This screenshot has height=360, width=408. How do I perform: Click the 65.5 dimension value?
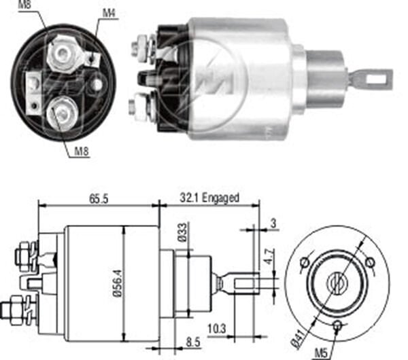coord(99,198)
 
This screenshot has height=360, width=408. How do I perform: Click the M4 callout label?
coord(108,13)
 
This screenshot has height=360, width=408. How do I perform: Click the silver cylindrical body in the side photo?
coord(238,78)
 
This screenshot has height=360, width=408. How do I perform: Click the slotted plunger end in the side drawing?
coord(245,281)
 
